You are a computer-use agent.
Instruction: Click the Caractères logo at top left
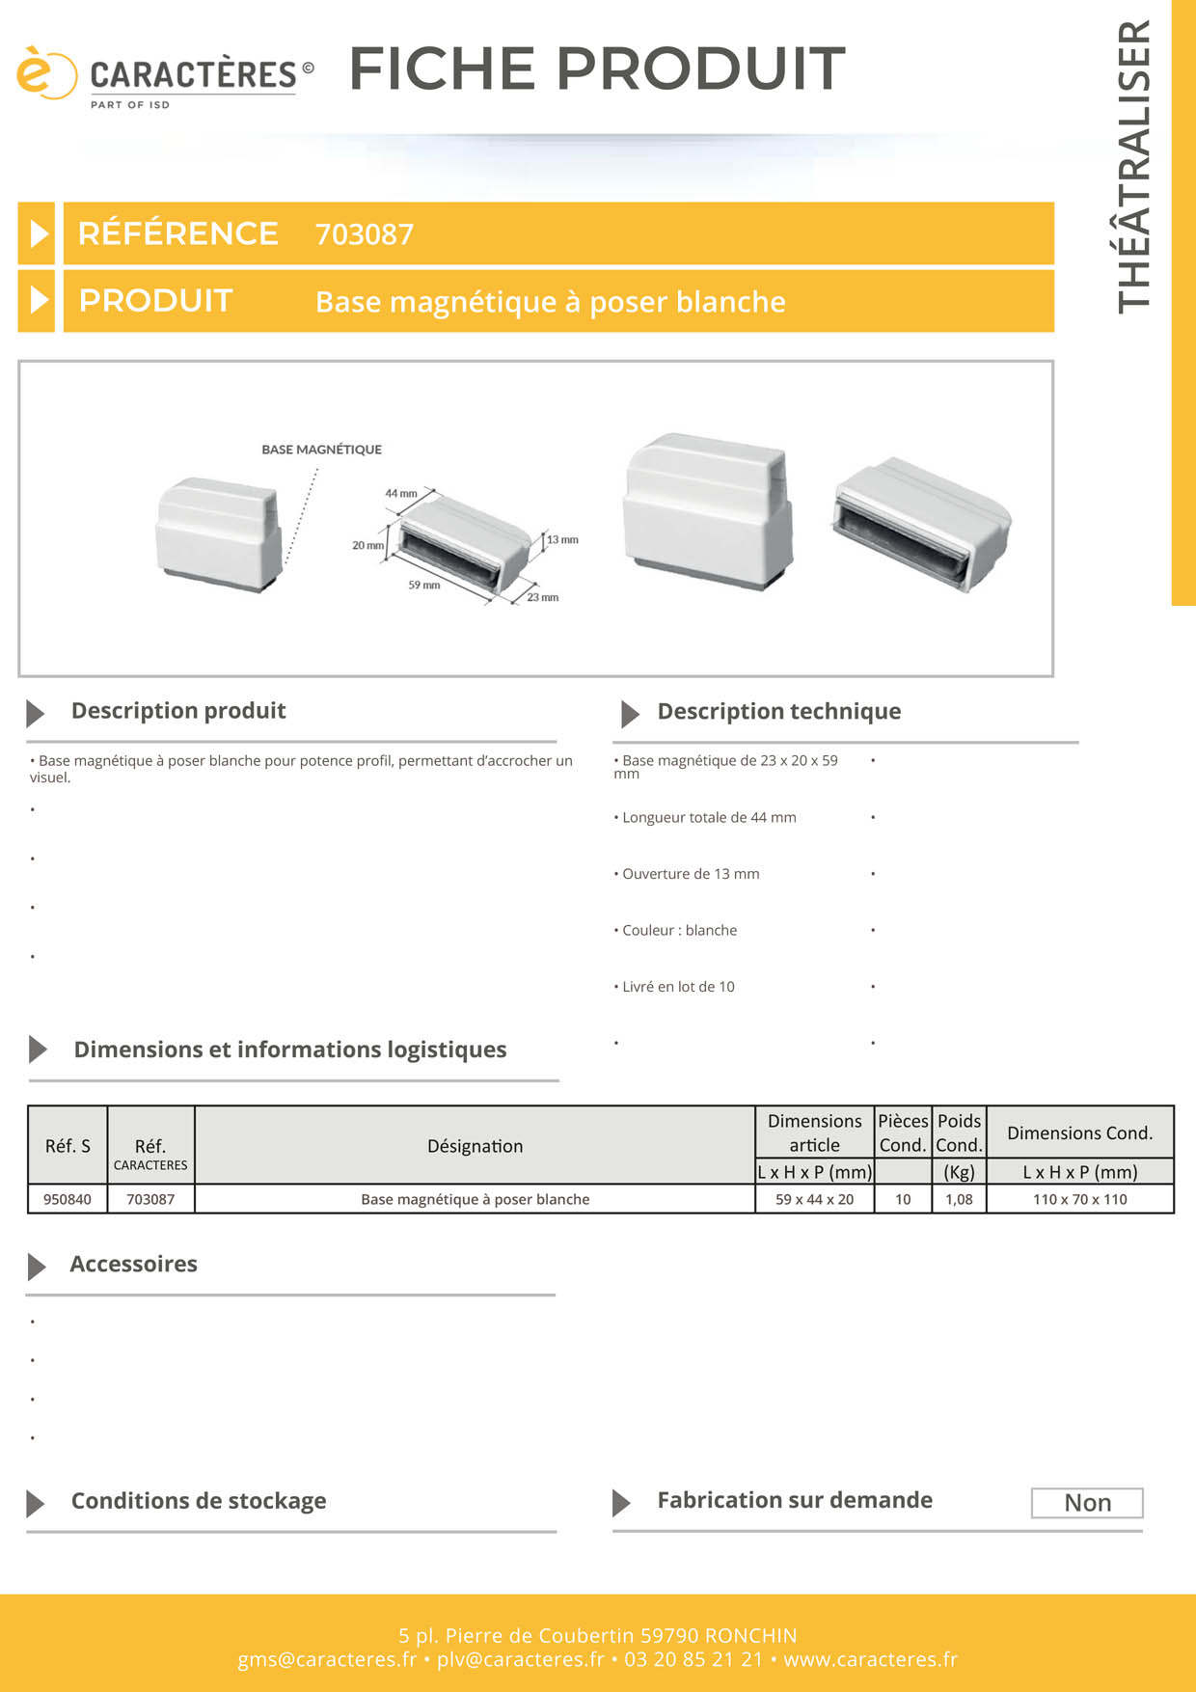point(164,76)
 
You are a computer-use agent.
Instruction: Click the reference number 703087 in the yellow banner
point(365,234)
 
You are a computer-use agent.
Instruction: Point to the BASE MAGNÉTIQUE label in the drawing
point(321,450)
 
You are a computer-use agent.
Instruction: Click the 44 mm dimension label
point(401,494)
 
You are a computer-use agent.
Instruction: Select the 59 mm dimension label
point(423,586)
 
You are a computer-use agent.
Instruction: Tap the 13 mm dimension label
point(562,540)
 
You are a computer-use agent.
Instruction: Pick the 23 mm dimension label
point(542,598)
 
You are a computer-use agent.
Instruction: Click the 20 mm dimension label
point(367,546)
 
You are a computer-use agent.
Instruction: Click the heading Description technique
point(778,712)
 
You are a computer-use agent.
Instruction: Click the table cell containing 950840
point(68,1199)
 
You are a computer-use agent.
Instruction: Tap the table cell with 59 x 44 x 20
point(814,1199)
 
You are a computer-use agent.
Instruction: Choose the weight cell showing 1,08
point(959,1199)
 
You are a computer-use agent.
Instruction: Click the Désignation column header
point(475,1146)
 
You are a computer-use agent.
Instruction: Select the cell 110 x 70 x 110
point(1079,1199)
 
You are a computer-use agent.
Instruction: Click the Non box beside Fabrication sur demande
point(1087,1503)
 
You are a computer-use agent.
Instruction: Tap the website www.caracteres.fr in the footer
point(870,1659)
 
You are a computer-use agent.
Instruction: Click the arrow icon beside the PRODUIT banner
point(38,301)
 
